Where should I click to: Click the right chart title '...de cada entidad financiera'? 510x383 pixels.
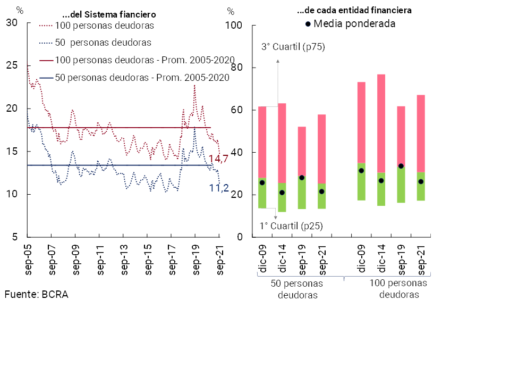click(x=354, y=10)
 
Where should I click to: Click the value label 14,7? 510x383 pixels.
click(x=218, y=159)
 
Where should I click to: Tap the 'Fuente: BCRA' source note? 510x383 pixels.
click(x=37, y=294)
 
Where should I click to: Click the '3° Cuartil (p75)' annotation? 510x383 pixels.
click(x=293, y=47)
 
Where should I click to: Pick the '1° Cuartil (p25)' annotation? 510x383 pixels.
click(x=291, y=226)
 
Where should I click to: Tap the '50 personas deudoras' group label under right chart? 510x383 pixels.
click(x=297, y=289)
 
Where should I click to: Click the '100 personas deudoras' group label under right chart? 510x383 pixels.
click(x=398, y=289)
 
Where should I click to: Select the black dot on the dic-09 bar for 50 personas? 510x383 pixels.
click(x=262, y=182)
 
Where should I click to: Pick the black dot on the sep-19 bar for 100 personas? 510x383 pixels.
click(x=401, y=166)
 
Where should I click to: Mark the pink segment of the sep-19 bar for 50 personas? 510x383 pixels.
click(x=302, y=151)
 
